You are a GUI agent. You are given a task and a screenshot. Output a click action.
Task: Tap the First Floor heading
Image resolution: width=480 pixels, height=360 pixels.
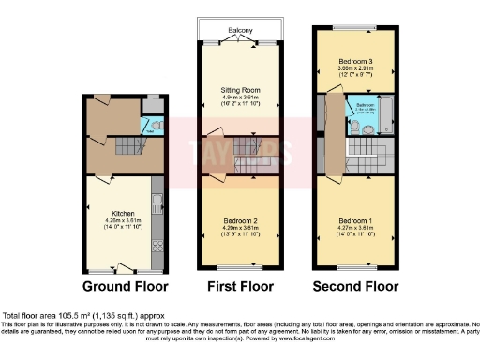click(x=241, y=286)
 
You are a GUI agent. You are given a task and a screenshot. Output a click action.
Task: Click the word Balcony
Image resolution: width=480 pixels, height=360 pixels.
click(x=240, y=31)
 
